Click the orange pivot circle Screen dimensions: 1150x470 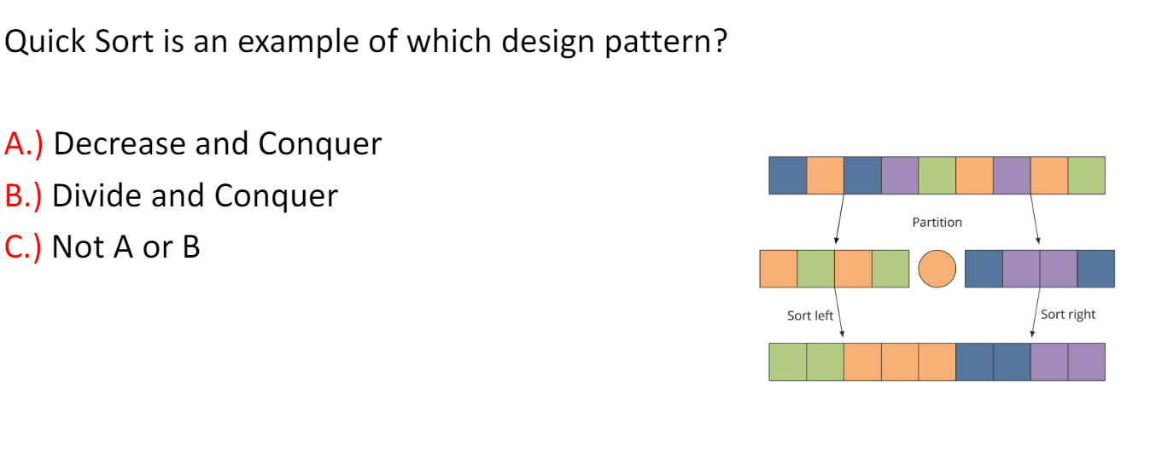click(x=937, y=269)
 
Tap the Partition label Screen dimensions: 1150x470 click(x=937, y=222)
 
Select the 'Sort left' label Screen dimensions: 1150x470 click(x=810, y=316)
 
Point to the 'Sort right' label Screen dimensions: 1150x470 click(x=1068, y=315)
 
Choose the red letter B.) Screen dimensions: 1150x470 click(x=23, y=195)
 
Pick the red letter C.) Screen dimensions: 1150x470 click(x=22, y=247)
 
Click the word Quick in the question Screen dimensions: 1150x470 click(x=44, y=41)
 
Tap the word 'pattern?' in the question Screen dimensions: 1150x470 click(x=666, y=42)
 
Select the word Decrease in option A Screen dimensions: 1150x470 click(x=120, y=143)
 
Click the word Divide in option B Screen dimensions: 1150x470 click(x=96, y=195)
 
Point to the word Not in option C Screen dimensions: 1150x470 click(x=78, y=247)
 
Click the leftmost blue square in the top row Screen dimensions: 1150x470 click(x=788, y=176)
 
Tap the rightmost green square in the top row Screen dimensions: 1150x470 click(x=1087, y=176)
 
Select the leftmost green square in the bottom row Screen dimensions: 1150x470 click(x=788, y=363)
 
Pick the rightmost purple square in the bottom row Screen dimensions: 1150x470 click(x=1087, y=363)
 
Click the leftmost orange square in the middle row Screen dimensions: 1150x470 click(x=779, y=269)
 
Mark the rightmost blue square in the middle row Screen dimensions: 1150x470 click(x=1096, y=269)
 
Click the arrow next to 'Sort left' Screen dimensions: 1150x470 click(x=839, y=312)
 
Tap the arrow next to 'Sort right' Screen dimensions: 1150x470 click(x=1036, y=312)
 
